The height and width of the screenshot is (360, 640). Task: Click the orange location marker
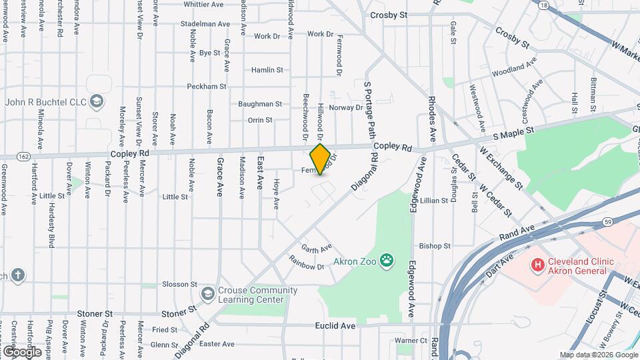(x=321, y=159)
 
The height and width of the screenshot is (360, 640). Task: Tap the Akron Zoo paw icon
(x=386, y=259)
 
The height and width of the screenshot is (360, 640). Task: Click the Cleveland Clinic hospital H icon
(x=537, y=265)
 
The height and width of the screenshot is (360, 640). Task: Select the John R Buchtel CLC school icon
(x=97, y=101)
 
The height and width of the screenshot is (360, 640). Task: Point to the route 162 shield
(x=23, y=155)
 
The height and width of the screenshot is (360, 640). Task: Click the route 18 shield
(x=545, y=5)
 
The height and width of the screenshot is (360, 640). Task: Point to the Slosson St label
(x=175, y=284)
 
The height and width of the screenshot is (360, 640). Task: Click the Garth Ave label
(x=316, y=248)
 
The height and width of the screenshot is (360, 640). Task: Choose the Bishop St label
(x=435, y=246)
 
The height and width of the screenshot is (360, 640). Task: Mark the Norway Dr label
(x=349, y=107)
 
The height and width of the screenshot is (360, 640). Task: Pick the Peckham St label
(x=206, y=87)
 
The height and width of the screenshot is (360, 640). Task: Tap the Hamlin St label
(x=267, y=70)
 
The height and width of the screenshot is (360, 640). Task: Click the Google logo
(x=22, y=351)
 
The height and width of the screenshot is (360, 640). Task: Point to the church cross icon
(x=17, y=274)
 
